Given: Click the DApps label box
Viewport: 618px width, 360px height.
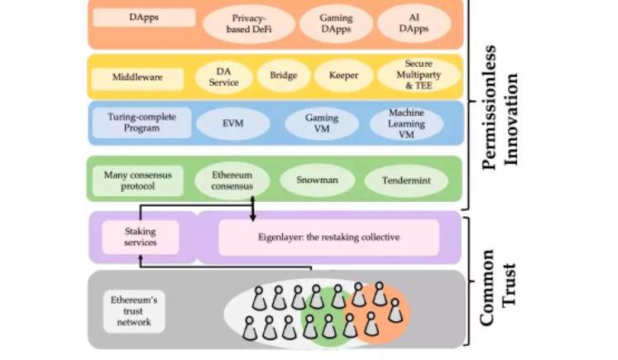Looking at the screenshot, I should click(144, 17).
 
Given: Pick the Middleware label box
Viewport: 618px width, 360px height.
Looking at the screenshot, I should click(137, 78).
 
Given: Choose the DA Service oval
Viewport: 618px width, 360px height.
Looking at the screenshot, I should click(223, 77).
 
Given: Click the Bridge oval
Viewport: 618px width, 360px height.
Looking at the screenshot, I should click(283, 76).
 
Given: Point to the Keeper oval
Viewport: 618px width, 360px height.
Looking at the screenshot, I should click(343, 76).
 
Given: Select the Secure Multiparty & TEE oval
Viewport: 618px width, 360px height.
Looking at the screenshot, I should click(418, 75).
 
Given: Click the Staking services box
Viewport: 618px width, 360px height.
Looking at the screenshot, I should click(140, 237).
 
